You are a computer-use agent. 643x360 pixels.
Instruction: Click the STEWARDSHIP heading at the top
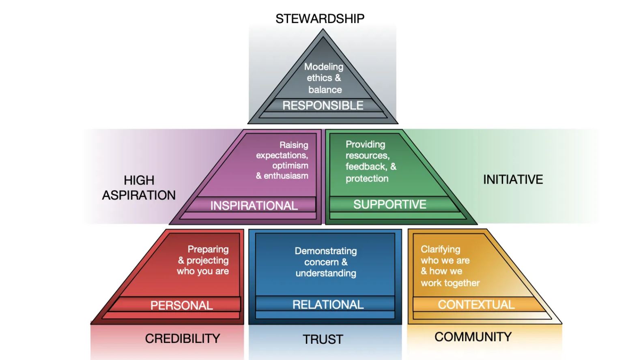(x=320, y=19)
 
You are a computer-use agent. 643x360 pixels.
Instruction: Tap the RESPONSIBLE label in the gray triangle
(x=323, y=105)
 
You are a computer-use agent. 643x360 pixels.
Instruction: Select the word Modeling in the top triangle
(x=324, y=66)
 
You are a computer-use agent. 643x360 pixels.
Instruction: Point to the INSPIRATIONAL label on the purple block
(x=254, y=206)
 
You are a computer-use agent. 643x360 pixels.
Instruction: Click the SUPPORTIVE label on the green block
(x=389, y=204)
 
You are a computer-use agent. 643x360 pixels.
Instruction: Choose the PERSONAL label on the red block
(x=182, y=305)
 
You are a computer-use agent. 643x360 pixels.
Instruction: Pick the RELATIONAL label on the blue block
(x=328, y=304)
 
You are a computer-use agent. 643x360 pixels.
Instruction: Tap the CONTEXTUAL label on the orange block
(x=476, y=304)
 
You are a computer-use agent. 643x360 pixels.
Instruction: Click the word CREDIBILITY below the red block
(x=183, y=339)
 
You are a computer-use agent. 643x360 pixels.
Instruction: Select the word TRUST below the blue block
(x=323, y=339)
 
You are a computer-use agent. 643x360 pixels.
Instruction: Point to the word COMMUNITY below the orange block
(x=473, y=337)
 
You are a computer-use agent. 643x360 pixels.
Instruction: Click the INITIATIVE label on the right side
(x=513, y=180)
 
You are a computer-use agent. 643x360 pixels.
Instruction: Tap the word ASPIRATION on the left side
(x=139, y=195)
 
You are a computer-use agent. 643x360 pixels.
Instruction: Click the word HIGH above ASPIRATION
(x=139, y=180)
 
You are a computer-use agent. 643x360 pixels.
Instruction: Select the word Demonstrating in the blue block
(x=326, y=251)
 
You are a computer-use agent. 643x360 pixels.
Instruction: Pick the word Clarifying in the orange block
(x=440, y=249)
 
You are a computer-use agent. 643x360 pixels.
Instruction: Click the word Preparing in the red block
(x=208, y=249)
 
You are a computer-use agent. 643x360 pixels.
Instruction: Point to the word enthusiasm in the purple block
(x=286, y=176)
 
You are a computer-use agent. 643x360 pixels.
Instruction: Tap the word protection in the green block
(x=367, y=178)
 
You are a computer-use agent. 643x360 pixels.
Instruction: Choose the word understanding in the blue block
(x=326, y=273)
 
